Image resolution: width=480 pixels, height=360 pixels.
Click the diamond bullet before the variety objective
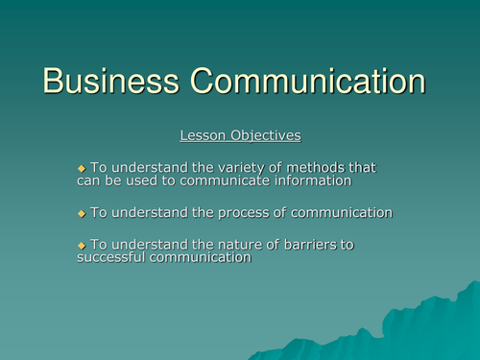tap(82, 168)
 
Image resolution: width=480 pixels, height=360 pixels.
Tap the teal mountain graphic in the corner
tap(422, 326)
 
